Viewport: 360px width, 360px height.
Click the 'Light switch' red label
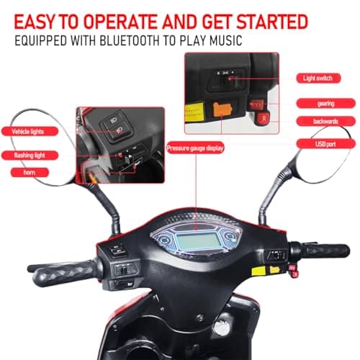(318, 78)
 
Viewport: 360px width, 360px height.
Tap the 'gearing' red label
(325, 104)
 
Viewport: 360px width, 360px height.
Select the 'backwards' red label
(325, 121)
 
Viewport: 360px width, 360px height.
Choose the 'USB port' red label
(325, 144)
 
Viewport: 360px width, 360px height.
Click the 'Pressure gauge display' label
(195, 148)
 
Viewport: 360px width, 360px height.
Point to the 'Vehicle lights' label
(30, 131)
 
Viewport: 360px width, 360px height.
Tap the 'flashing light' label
(30, 156)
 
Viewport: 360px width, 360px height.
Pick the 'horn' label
(30, 172)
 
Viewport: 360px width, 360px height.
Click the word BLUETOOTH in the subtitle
(130, 40)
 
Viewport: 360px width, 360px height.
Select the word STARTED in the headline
(272, 22)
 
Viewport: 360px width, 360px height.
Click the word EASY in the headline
(34, 22)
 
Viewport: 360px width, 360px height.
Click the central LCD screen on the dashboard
(198, 241)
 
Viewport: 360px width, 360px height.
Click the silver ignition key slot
(222, 328)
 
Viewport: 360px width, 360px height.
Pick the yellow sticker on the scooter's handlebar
(258, 271)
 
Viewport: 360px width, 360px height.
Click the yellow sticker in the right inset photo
(194, 112)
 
